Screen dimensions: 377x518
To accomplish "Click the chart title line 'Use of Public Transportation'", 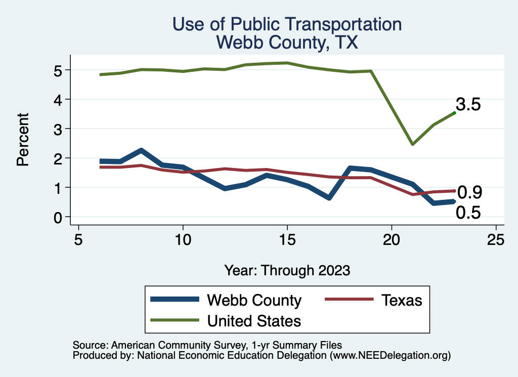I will click(287, 24).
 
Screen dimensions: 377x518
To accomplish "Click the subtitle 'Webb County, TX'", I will click(287, 42).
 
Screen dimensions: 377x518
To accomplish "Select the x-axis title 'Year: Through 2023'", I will click(287, 270).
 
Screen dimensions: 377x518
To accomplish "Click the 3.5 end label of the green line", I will click(468, 105).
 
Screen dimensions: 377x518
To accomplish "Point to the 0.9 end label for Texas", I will click(469, 192).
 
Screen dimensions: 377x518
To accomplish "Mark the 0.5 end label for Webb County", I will click(468, 213).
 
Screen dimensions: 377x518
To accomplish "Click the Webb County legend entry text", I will click(254, 300).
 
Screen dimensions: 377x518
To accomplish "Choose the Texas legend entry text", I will click(401, 300).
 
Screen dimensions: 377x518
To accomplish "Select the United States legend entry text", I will click(254, 321).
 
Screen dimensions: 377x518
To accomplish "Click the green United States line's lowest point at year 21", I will click(413, 144).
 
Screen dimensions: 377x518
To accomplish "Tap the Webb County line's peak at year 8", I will click(141, 151).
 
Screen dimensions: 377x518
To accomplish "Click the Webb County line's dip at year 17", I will click(329, 197).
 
